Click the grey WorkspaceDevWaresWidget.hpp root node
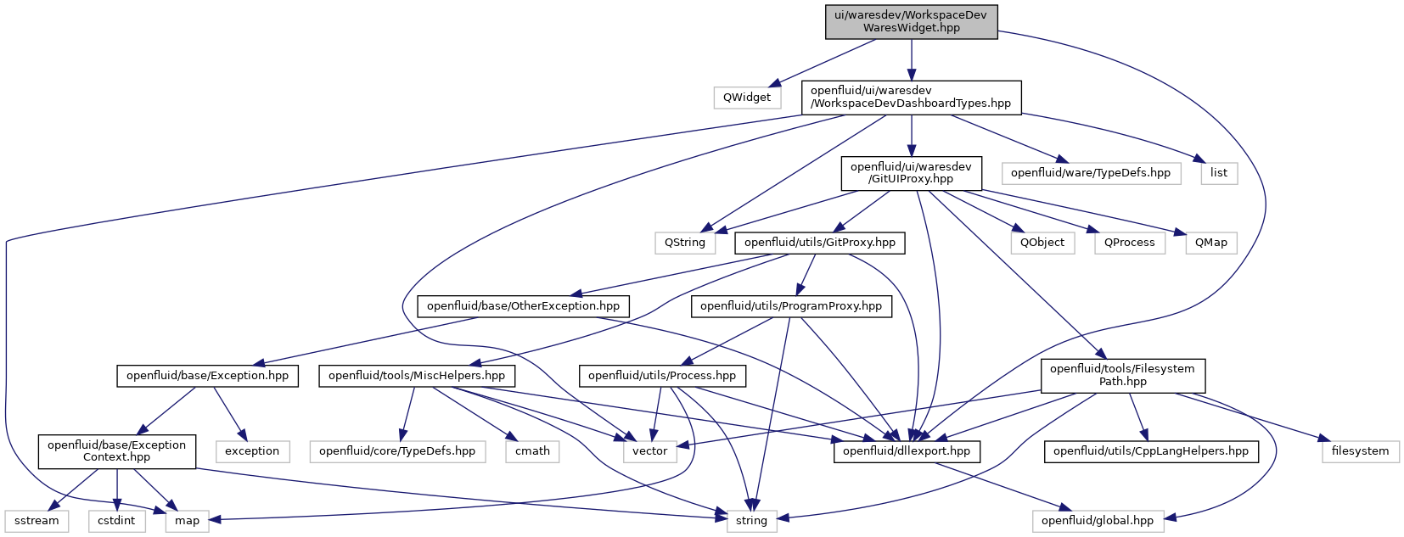point(911,22)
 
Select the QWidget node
point(747,97)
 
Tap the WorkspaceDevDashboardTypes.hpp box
point(911,97)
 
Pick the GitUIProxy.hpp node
point(911,173)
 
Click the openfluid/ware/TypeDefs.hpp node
point(1091,173)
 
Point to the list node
point(1219,173)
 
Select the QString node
point(685,243)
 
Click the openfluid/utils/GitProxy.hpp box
point(820,243)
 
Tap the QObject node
point(1042,243)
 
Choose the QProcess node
point(1130,243)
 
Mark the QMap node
point(1211,243)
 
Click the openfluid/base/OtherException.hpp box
point(524,306)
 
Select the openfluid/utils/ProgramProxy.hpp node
point(791,306)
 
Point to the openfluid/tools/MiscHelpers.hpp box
point(417,376)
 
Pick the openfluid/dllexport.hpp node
point(907,451)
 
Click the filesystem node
point(1361,451)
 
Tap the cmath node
point(532,451)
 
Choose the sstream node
point(37,521)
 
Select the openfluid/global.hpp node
point(1098,521)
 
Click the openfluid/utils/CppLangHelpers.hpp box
point(1151,451)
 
